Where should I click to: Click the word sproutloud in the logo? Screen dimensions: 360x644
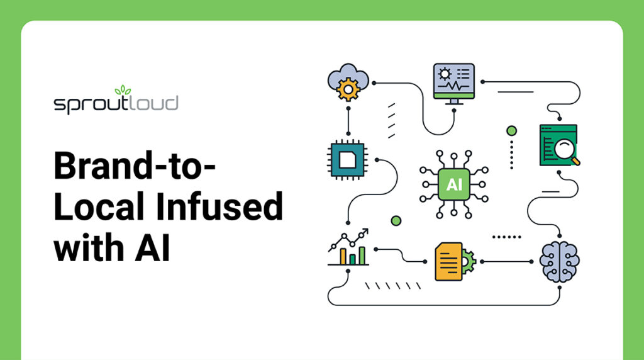[x=116, y=104]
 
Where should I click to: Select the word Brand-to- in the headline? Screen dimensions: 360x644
[x=135, y=167]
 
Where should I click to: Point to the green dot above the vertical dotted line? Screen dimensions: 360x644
[x=511, y=130]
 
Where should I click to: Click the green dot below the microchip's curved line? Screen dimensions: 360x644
[x=396, y=220]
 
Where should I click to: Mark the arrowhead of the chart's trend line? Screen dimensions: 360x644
[x=365, y=232]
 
